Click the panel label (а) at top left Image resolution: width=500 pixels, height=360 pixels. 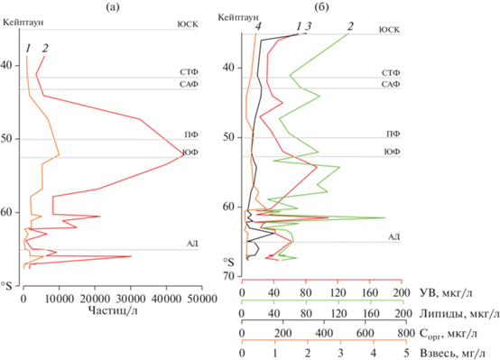[113, 7]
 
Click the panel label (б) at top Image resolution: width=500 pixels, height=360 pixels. [321, 7]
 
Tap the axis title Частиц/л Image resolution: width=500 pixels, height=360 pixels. [113, 310]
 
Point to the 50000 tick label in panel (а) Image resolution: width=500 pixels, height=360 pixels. [200, 299]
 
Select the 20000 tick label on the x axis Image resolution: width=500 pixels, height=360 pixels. [95, 299]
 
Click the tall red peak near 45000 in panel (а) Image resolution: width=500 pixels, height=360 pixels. [184, 154]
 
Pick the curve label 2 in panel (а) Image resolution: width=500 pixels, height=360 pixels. [45, 48]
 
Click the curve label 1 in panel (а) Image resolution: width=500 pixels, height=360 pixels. [28, 48]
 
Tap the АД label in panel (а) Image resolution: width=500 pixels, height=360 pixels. [192, 244]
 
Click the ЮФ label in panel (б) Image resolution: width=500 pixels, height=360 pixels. [392, 152]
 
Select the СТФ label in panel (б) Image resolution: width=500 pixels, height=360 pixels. [391, 73]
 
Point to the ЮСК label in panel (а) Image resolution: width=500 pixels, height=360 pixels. [188, 24]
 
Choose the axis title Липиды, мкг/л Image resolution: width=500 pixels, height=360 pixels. [458, 314]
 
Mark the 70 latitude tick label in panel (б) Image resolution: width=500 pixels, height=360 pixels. [228, 276]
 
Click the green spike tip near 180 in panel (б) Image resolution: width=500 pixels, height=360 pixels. [384, 217]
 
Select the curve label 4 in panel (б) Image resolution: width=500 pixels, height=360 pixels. [258, 27]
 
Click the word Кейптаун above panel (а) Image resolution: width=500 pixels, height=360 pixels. [23, 22]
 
